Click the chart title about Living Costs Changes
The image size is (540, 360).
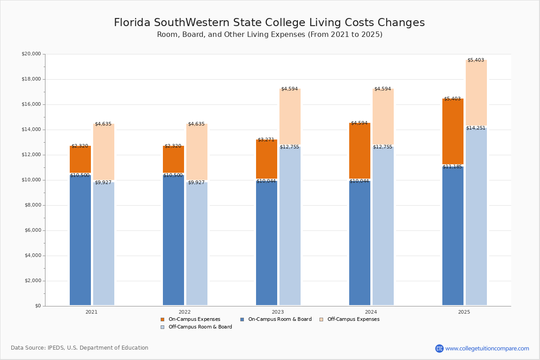pos(269,23)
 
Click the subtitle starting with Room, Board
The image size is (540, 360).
pos(270,35)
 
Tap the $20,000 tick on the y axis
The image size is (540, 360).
pos(31,54)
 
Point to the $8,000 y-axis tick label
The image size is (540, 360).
pos(32,205)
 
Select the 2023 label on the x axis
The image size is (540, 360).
pos(278,312)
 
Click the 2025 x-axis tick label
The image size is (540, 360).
pos(464,312)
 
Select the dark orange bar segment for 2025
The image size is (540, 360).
pos(453,131)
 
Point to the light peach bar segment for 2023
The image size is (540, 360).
pos(290,117)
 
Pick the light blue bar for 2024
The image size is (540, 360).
pos(383,225)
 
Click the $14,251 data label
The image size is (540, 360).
pos(476,128)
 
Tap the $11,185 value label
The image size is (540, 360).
pos(452,167)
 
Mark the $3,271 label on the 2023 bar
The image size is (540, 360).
pos(266,140)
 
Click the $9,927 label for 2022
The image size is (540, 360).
pos(196,183)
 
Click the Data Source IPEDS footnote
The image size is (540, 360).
pos(80,348)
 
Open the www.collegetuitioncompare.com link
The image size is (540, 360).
pos(487,348)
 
